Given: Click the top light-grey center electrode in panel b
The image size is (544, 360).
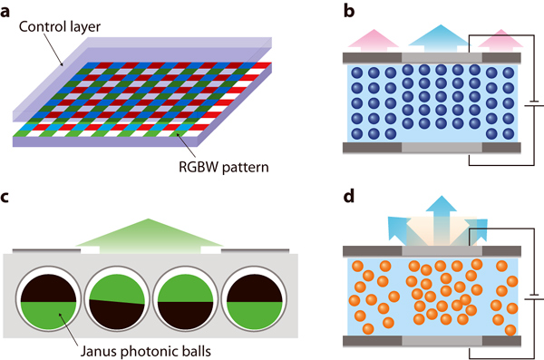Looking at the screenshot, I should pyautogui.click(x=442, y=56).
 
